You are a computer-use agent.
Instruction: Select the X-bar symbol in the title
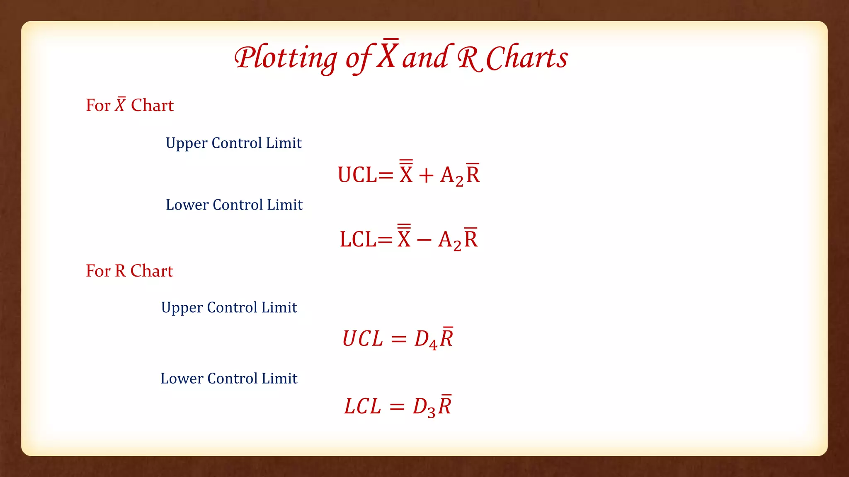(x=388, y=55)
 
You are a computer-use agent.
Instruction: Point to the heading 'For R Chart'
(x=129, y=271)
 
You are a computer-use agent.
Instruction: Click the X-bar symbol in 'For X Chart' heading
(x=120, y=105)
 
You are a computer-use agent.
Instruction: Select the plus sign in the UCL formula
(x=426, y=176)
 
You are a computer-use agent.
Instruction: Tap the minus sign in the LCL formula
(x=424, y=240)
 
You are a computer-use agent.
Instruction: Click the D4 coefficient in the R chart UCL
(x=426, y=340)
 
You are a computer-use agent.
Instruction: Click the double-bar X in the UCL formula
(x=406, y=172)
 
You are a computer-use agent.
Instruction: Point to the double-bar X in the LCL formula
(x=404, y=237)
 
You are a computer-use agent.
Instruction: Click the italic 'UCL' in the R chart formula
(x=363, y=339)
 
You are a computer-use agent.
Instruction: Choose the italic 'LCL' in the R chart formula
(x=363, y=406)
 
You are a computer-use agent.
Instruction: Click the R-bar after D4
(x=446, y=337)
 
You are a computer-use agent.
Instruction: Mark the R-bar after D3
(x=445, y=405)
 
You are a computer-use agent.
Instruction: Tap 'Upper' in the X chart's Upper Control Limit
(x=187, y=144)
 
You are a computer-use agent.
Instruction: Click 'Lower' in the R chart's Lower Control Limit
(x=182, y=378)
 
